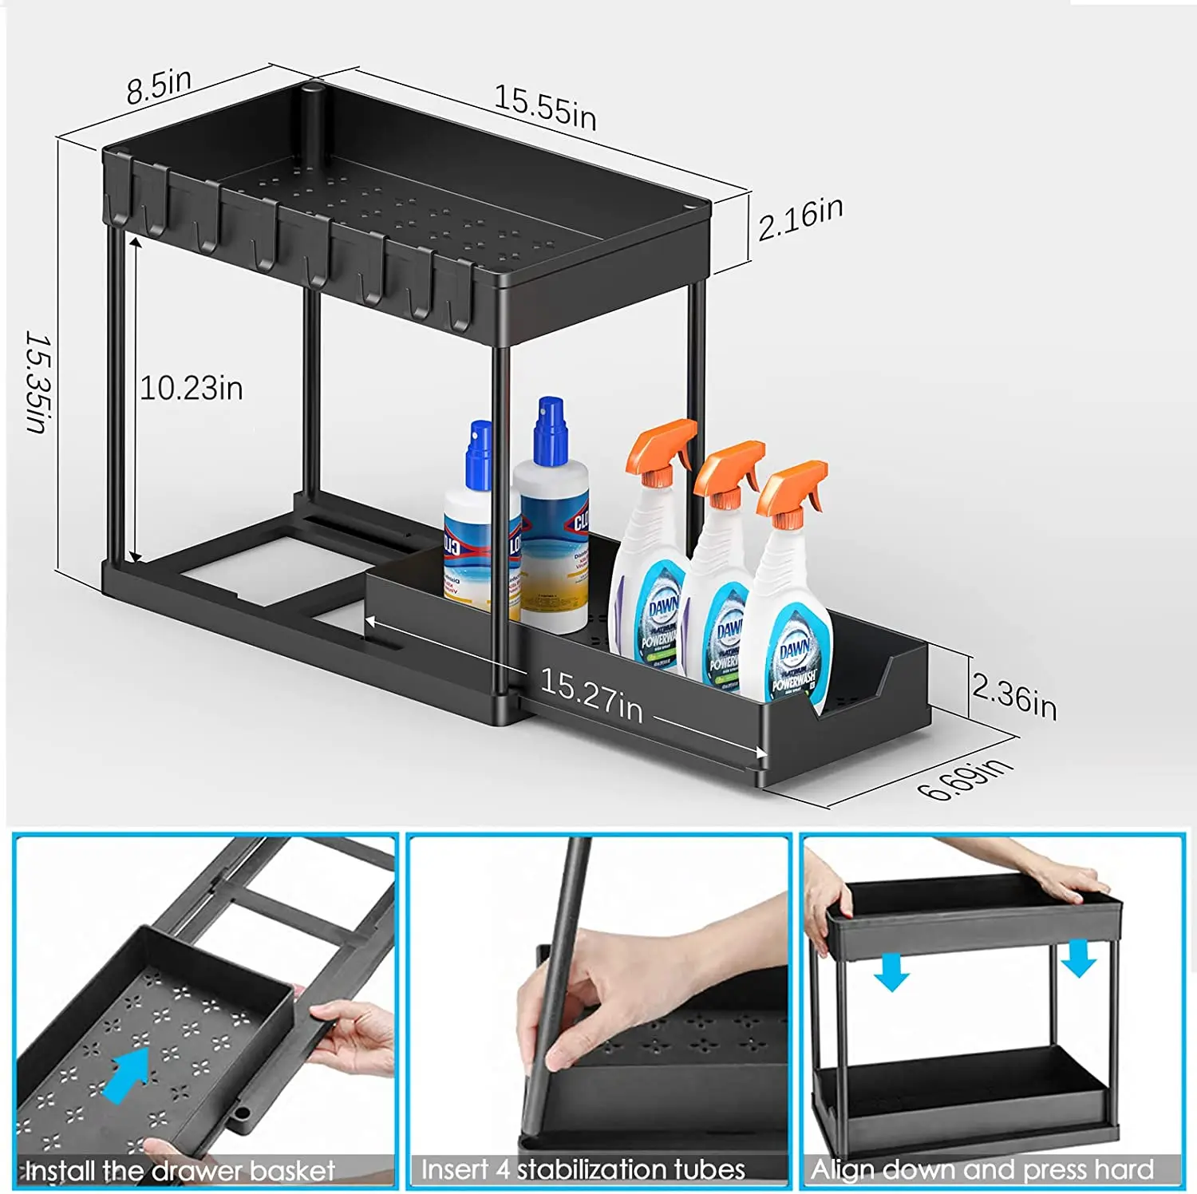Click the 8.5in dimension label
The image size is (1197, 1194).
159,85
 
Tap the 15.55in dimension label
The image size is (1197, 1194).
545,107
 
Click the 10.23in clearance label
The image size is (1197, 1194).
192,389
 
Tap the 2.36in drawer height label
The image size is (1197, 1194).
1014,696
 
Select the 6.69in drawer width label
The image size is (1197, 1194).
965,778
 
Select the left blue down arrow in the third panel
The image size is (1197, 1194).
891,972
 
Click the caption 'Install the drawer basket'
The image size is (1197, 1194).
180,1171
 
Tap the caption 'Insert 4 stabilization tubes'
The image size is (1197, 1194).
583,1169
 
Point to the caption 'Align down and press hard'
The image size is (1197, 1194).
982,1169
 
